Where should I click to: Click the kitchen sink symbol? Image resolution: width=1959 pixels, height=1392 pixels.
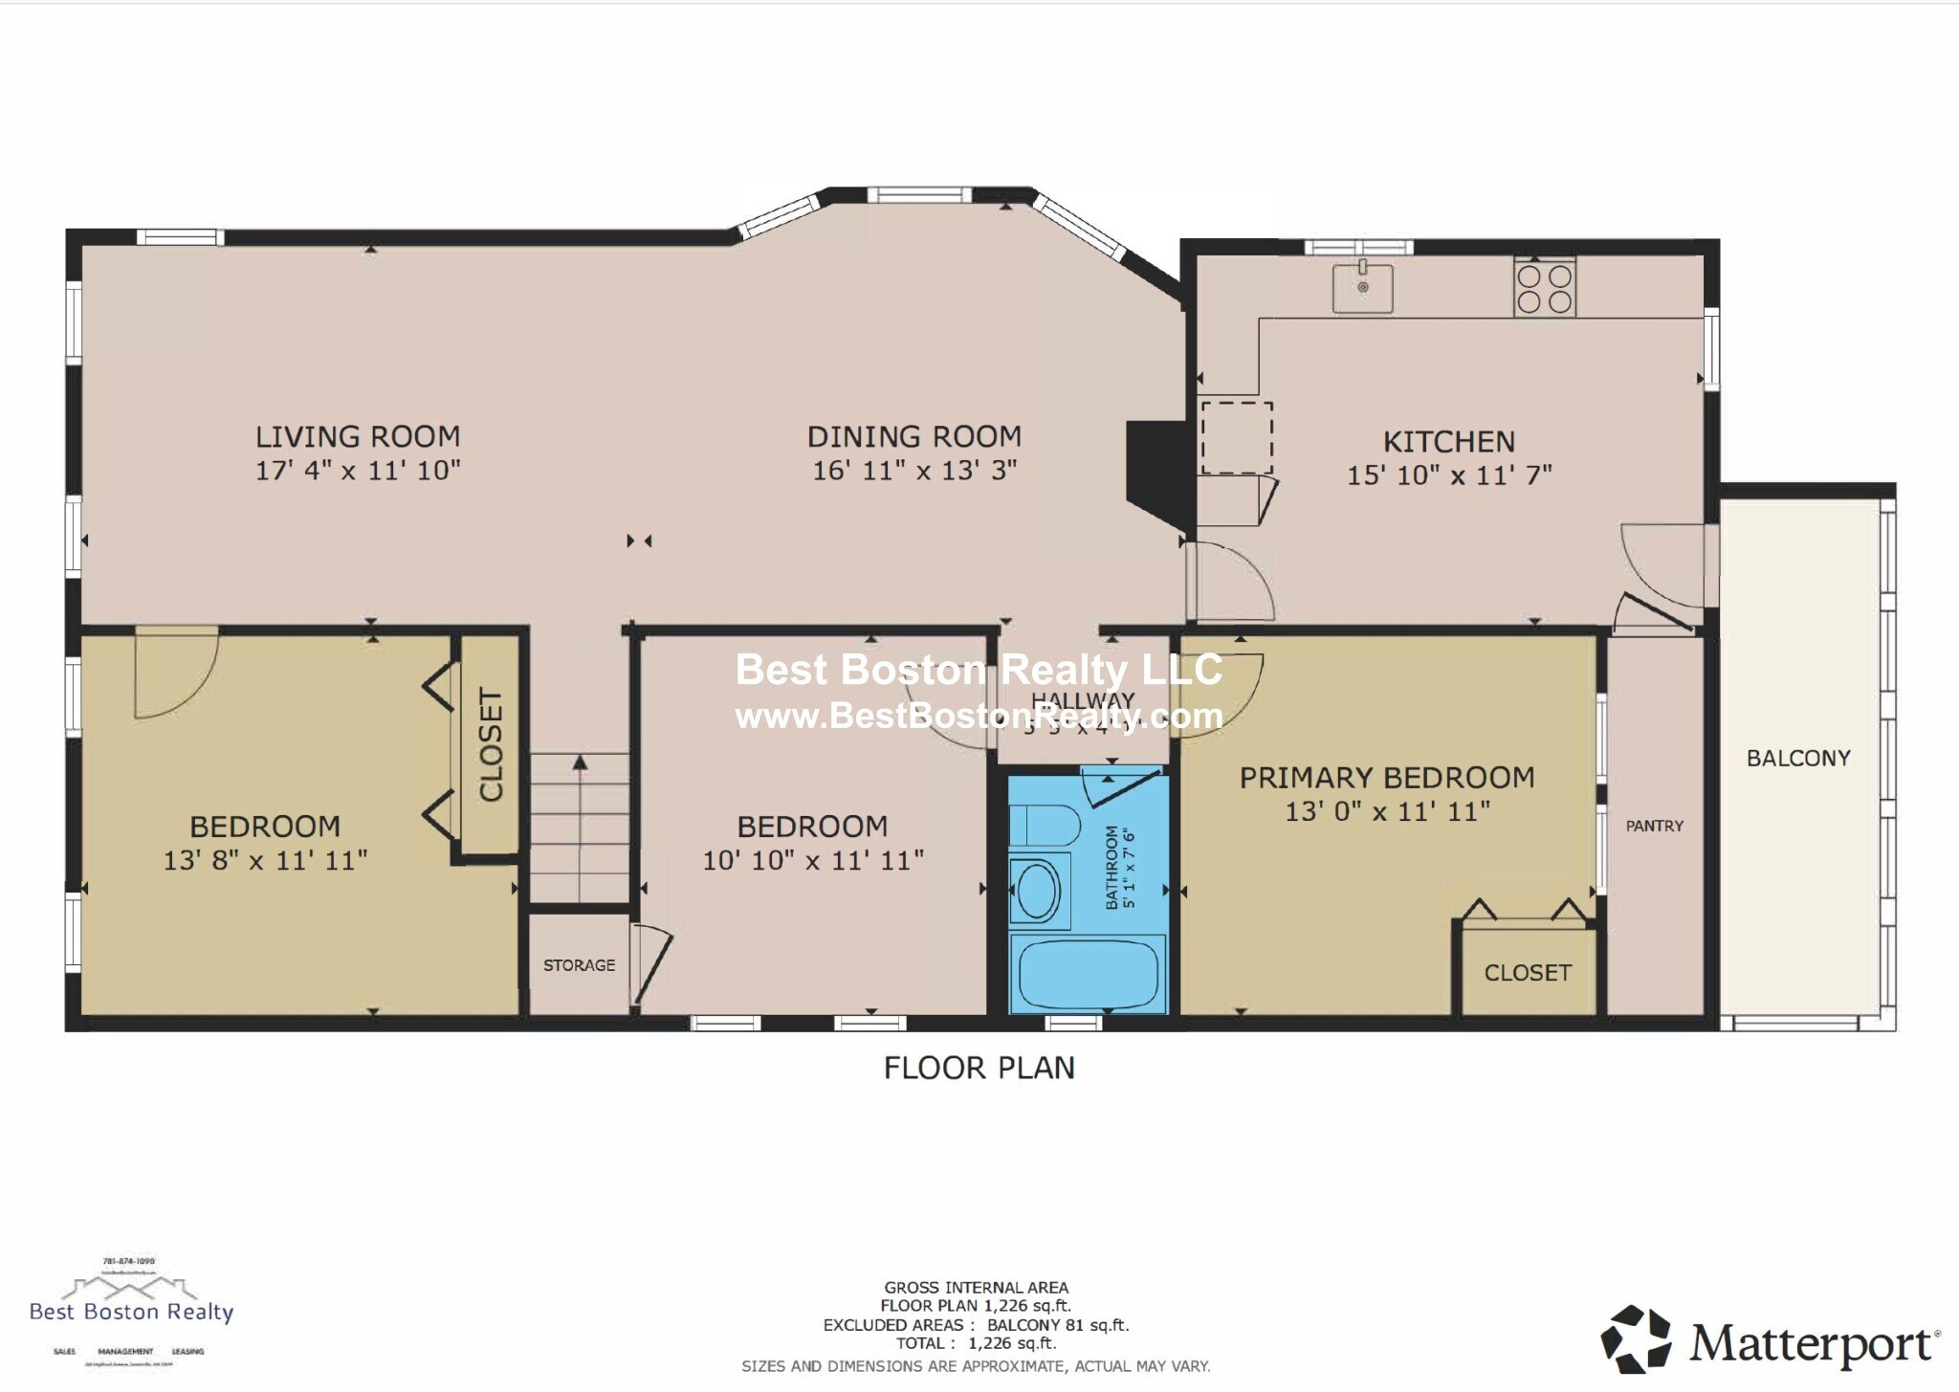(1362, 288)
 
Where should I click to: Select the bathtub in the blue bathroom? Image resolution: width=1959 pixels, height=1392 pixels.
(1088, 975)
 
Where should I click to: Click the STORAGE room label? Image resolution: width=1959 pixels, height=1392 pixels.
(579, 965)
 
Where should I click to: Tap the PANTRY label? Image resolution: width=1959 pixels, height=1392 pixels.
(1654, 826)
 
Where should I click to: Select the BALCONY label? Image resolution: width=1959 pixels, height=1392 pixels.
(1798, 758)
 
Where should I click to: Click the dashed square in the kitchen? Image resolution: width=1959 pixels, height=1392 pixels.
(1236, 438)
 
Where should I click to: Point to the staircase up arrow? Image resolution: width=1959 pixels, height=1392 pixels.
(580, 762)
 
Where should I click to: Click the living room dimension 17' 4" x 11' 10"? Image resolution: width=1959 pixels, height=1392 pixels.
(358, 470)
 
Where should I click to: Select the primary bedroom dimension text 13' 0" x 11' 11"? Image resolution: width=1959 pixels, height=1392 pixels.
(1387, 811)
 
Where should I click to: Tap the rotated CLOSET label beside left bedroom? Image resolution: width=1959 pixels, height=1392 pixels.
(490, 744)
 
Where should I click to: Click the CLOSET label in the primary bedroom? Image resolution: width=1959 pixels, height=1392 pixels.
(1528, 972)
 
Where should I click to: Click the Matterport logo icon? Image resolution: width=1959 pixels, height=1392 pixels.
(1636, 1338)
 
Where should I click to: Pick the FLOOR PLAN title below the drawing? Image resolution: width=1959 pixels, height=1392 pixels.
(979, 1068)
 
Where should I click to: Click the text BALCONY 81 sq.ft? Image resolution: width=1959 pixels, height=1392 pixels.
(1058, 1325)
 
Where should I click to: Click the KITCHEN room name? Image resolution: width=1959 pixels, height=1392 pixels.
(1448, 441)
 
